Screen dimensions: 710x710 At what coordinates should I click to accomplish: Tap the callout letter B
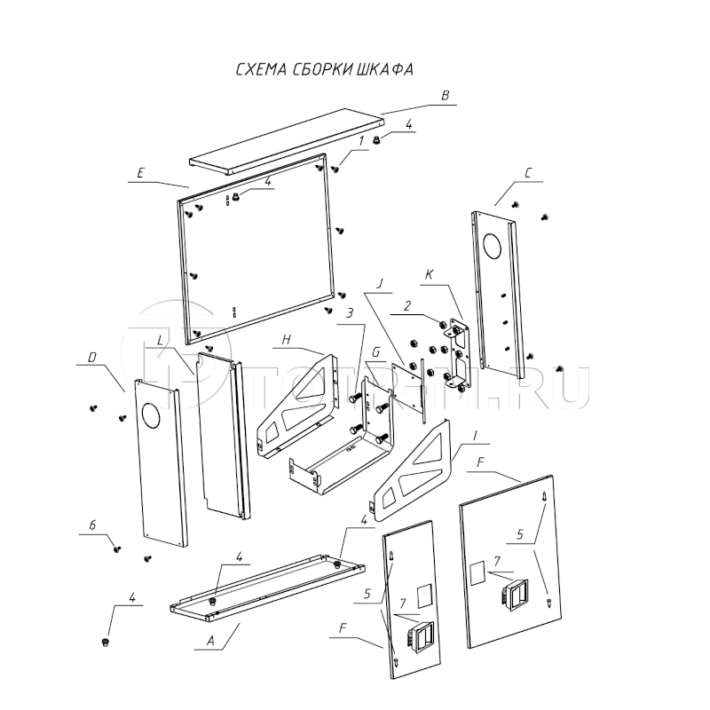(446, 95)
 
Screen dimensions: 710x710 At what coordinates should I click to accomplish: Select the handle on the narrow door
(416, 635)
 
